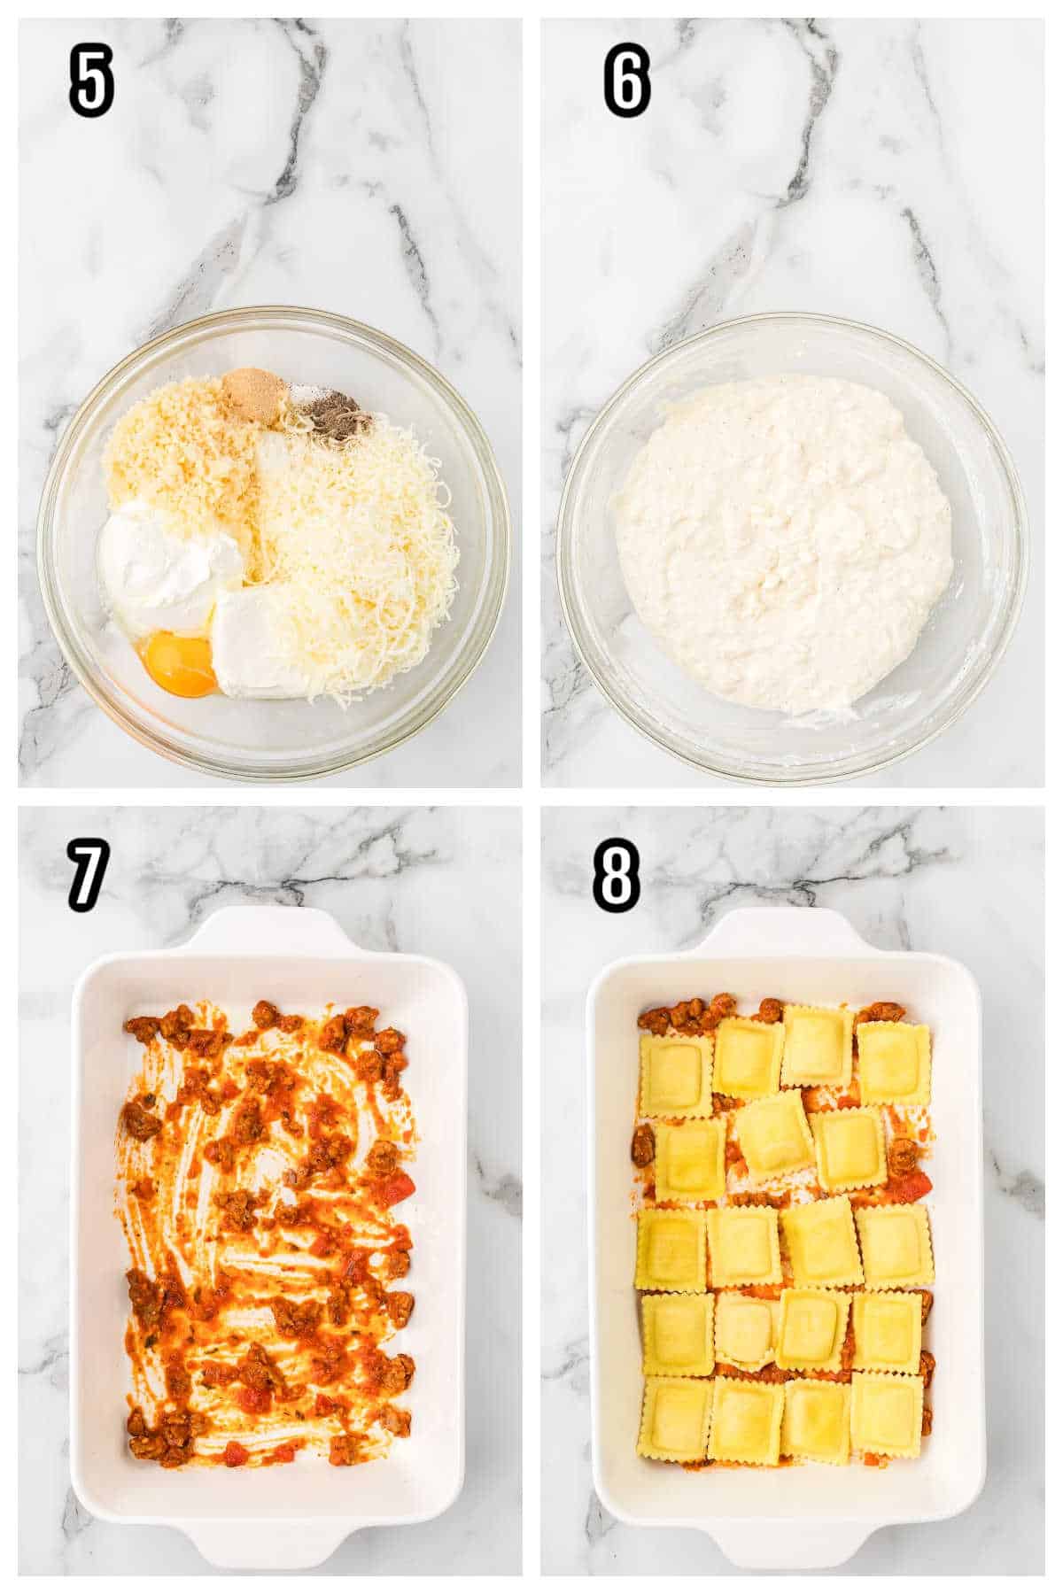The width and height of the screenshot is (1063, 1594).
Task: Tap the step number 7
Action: click(89, 876)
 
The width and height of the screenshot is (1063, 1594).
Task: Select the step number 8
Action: click(617, 876)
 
